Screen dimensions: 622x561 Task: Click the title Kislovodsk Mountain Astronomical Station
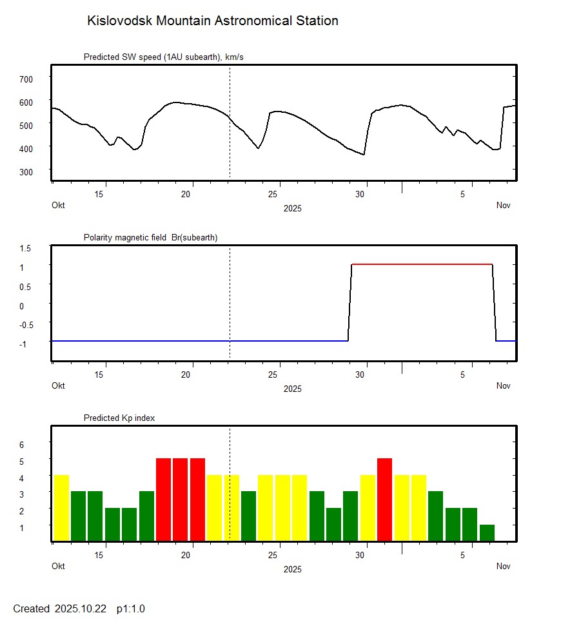coord(212,21)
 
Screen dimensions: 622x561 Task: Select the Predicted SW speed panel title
coord(163,57)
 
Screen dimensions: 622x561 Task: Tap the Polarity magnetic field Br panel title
coord(150,238)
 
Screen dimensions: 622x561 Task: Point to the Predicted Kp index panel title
coord(119,418)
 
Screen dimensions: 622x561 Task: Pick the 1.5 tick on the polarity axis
coord(26,248)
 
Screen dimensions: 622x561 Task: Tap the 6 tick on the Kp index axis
coord(21,445)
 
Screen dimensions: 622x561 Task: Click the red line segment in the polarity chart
coord(422,264)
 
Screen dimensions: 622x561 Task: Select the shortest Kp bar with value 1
coord(487,533)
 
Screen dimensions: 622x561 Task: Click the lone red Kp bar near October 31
coord(384,500)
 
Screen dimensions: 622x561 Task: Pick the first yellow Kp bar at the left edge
coord(61,508)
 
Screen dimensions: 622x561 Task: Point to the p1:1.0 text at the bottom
coord(131,608)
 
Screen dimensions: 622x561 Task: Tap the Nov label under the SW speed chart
coord(503,206)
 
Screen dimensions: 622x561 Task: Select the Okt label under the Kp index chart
coord(58,567)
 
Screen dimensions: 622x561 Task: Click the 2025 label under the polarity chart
coord(292,389)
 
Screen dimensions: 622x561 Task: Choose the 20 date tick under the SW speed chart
coord(186,194)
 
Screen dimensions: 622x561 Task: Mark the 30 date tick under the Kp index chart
coord(365,555)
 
